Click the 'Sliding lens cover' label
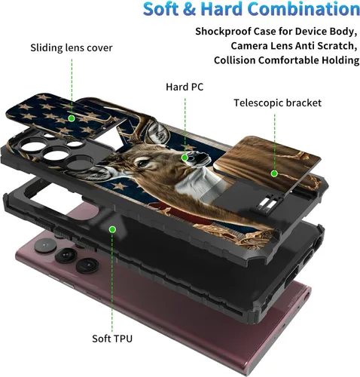point(72,48)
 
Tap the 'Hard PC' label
point(185,87)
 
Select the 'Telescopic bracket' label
point(277,103)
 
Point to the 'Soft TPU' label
point(112,339)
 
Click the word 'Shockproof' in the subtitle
point(223,32)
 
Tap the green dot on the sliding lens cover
point(72,118)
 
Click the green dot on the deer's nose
point(185,158)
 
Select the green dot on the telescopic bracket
point(274,173)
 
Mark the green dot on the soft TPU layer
point(112,229)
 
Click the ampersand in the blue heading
point(189,9)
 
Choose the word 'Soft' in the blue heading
point(161,9)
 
